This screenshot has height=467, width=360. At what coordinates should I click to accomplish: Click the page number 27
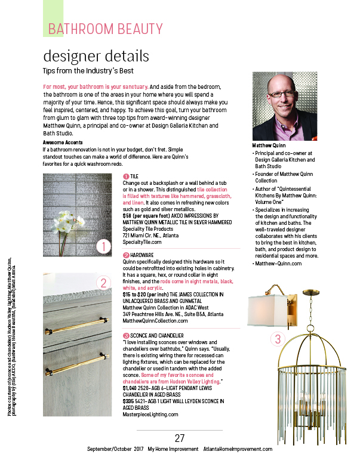coord(180,438)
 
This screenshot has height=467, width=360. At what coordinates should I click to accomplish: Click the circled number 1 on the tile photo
coord(103,246)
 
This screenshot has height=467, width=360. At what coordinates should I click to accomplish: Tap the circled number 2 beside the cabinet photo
coord(103,283)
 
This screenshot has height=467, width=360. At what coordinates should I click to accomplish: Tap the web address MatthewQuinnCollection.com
coord(159,320)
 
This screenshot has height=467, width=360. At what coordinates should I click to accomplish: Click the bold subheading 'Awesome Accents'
coord(66,143)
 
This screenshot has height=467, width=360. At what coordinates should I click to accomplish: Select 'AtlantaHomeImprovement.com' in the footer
coord(238,449)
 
